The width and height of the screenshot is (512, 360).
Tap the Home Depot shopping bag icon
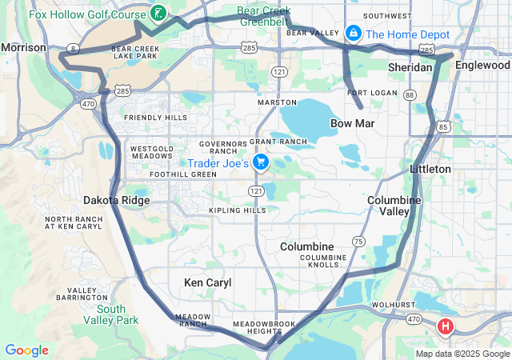tap(353, 34)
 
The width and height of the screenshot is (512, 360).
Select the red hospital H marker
tap(446, 326)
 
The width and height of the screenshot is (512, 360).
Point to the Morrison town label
tap(24, 48)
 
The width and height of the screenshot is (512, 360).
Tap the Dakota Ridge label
tap(117, 201)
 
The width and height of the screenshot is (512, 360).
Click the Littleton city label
tap(430, 170)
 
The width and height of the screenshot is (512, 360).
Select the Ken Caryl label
tap(207, 282)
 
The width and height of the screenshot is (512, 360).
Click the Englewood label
tap(482, 66)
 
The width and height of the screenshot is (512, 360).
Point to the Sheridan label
tap(410, 68)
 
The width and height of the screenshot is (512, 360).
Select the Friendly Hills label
tap(156, 118)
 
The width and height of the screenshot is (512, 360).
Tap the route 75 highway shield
tap(359, 242)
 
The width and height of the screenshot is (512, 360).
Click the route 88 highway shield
tap(410, 94)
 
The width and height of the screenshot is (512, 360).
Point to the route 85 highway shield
tap(443, 126)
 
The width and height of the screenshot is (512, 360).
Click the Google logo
tap(27, 350)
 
